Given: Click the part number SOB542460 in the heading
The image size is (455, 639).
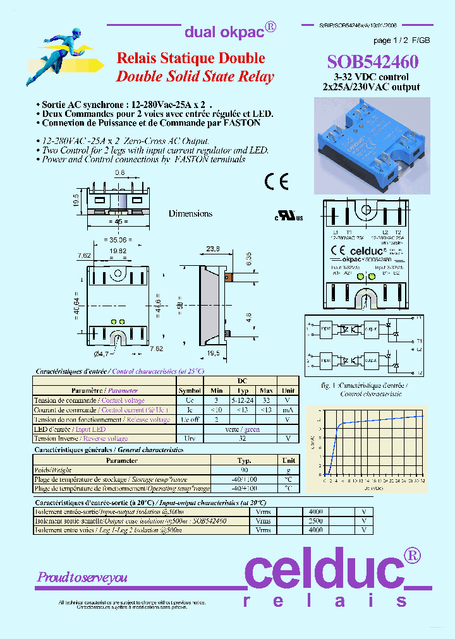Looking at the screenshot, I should [x=372, y=61].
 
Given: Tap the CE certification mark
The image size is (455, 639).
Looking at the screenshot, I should [x=277, y=182].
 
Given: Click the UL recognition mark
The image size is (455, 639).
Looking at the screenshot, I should [x=289, y=216].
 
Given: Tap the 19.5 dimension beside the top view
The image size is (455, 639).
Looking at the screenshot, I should [x=75, y=201].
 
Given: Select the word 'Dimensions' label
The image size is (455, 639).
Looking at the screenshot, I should [x=190, y=214].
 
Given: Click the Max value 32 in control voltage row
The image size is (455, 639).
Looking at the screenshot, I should [x=266, y=400].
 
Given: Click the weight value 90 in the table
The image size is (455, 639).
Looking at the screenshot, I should [x=243, y=470].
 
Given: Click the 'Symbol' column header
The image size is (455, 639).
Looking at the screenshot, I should [x=190, y=391].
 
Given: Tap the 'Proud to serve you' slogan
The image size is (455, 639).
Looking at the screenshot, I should [x=82, y=577].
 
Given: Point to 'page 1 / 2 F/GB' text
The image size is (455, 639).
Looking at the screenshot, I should [x=401, y=40].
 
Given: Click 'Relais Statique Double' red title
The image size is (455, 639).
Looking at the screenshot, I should [x=191, y=58].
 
